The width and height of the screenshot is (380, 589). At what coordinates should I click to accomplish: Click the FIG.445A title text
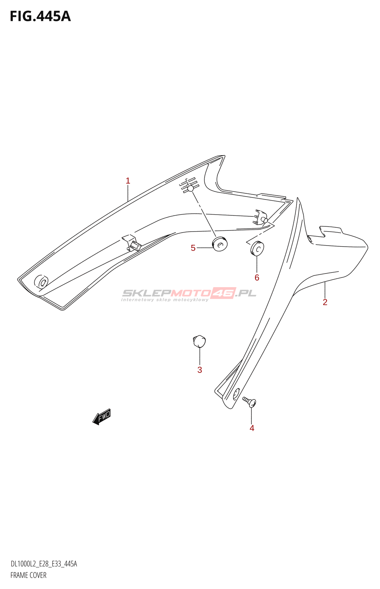40,17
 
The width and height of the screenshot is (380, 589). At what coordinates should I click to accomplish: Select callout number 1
128,181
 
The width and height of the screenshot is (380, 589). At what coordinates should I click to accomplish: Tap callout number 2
325,302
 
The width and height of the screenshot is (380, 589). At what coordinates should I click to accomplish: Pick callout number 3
200,370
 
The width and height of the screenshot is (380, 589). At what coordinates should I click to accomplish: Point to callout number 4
252,428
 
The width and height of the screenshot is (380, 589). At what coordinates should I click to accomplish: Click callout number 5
193,248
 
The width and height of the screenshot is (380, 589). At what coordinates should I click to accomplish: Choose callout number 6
257,278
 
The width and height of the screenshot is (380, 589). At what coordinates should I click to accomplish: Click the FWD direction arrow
102,417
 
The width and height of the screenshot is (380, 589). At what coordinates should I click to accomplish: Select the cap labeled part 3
199,341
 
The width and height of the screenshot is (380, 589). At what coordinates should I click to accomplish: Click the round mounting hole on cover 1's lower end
41,282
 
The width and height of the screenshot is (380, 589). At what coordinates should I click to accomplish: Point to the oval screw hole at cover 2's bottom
236,394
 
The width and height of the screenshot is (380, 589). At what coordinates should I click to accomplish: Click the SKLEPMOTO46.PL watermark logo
189,294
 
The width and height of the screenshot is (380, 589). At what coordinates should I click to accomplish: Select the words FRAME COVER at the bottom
28,575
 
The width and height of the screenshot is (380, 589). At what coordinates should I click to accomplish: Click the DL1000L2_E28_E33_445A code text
44,564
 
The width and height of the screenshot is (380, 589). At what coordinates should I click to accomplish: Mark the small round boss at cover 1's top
190,189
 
